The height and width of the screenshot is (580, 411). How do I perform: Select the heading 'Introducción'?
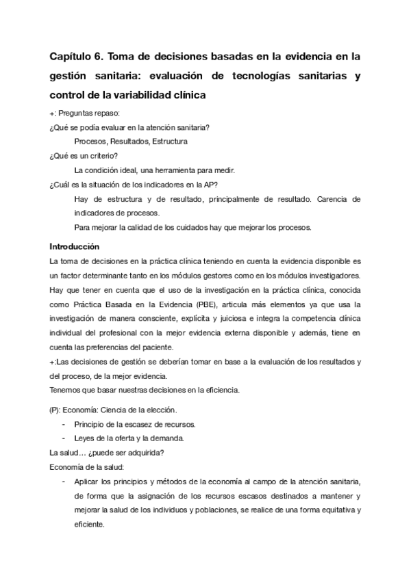click(x=75, y=246)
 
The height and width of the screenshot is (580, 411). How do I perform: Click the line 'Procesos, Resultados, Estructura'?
click(x=131, y=141)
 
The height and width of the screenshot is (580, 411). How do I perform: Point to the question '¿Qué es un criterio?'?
click(x=84, y=156)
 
